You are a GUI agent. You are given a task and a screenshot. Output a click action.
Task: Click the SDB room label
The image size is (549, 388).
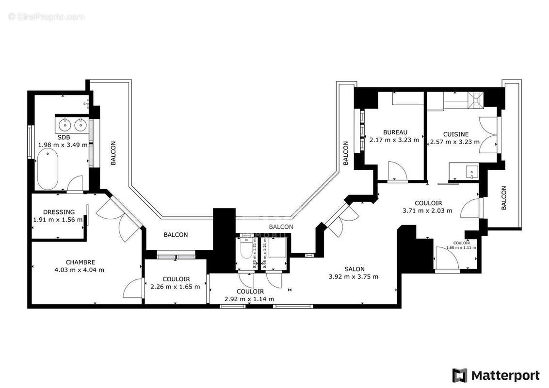coord(64,137)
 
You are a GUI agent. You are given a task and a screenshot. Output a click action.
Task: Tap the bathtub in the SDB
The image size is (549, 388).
coord(48,169)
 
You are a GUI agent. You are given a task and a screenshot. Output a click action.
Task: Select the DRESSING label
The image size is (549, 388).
coord(59,212)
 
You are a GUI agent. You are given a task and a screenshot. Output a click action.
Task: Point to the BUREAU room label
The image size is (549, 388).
coord(395,132)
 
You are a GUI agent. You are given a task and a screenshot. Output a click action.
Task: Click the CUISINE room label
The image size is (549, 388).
coord(455,134)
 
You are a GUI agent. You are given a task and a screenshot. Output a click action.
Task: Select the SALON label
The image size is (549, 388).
coord(355,269)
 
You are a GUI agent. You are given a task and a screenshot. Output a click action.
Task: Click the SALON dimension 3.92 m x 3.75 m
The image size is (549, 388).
coord(353,277)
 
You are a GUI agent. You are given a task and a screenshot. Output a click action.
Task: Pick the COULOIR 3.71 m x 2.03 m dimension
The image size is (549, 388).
coord(427,210)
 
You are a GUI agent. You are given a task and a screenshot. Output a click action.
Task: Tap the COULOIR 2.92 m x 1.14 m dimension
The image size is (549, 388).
coord(249,299)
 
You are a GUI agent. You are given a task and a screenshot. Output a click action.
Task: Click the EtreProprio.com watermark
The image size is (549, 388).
coord(47,16)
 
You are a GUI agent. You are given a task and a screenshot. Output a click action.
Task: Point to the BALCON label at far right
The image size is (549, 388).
coord(503,198)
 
